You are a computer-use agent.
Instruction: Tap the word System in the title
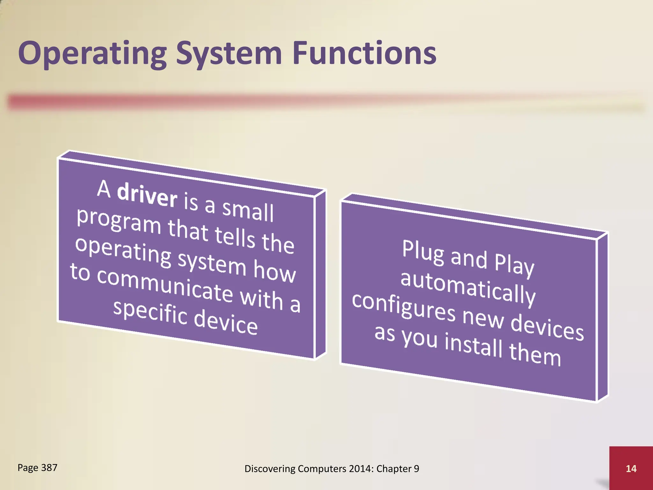click(229, 54)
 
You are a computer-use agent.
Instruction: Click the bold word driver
click(147, 195)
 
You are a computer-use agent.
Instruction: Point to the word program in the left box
click(119, 221)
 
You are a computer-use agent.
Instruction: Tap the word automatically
click(468, 288)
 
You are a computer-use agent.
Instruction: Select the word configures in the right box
click(404, 307)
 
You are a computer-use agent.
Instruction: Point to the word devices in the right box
click(547, 327)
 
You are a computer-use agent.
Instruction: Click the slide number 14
click(631, 469)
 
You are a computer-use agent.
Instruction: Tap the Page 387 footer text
click(37, 468)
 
